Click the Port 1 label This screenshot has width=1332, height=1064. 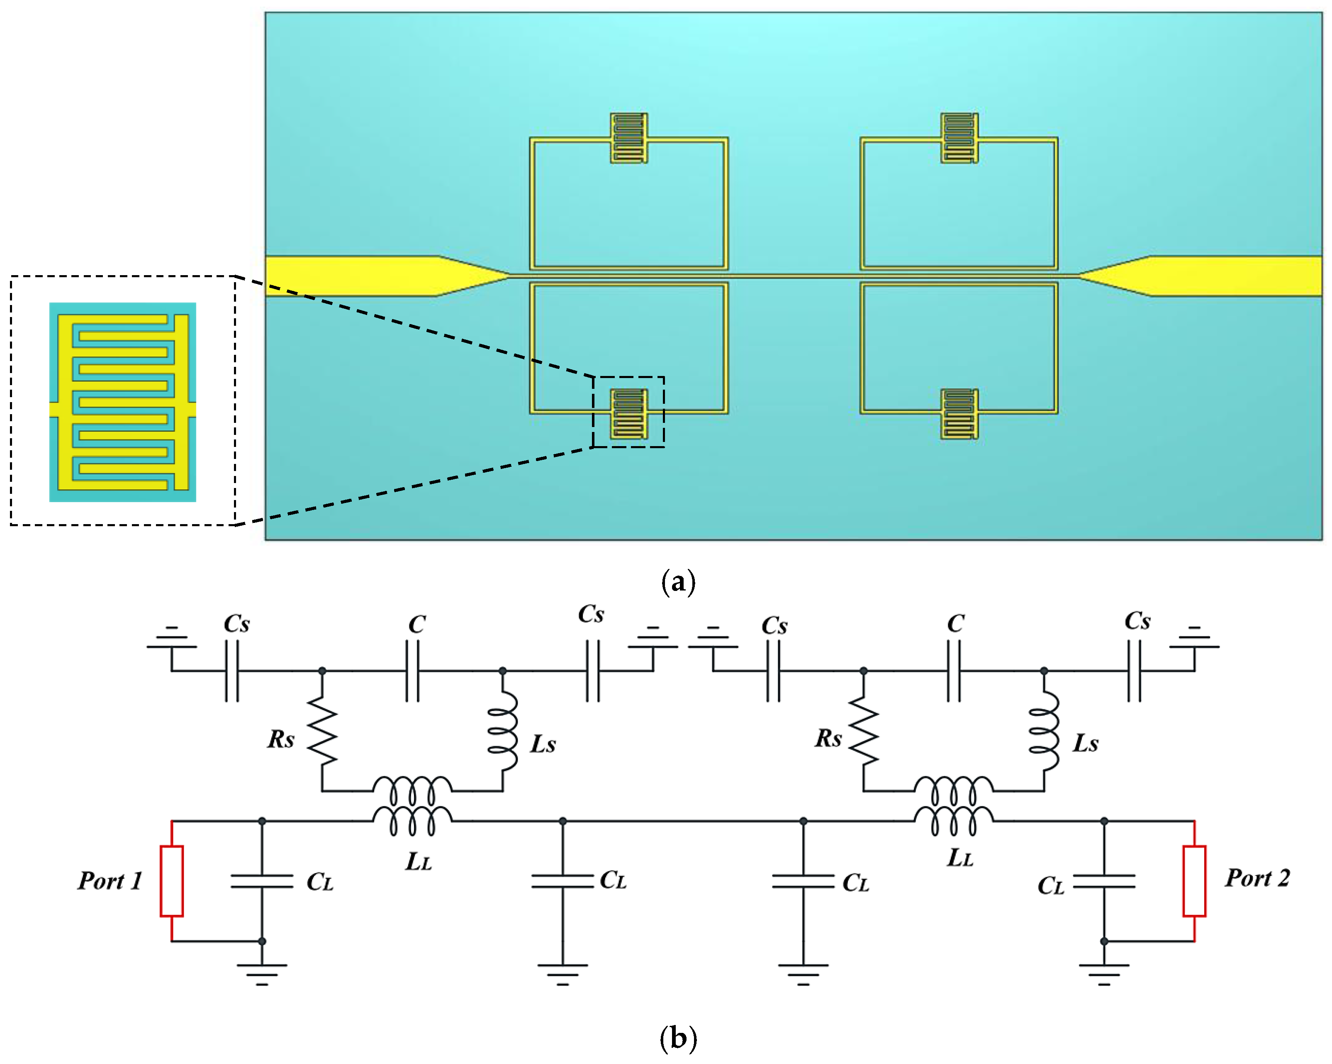click(110, 881)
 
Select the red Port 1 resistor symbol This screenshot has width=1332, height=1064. click(172, 881)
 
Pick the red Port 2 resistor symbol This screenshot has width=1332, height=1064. click(1194, 881)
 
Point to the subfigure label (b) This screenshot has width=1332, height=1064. click(678, 1038)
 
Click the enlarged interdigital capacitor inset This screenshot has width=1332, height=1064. click(123, 402)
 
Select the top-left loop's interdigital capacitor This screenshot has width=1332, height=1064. click(629, 138)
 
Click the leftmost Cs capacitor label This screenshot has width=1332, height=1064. click(236, 623)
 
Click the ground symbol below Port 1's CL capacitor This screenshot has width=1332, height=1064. click(262, 973)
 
